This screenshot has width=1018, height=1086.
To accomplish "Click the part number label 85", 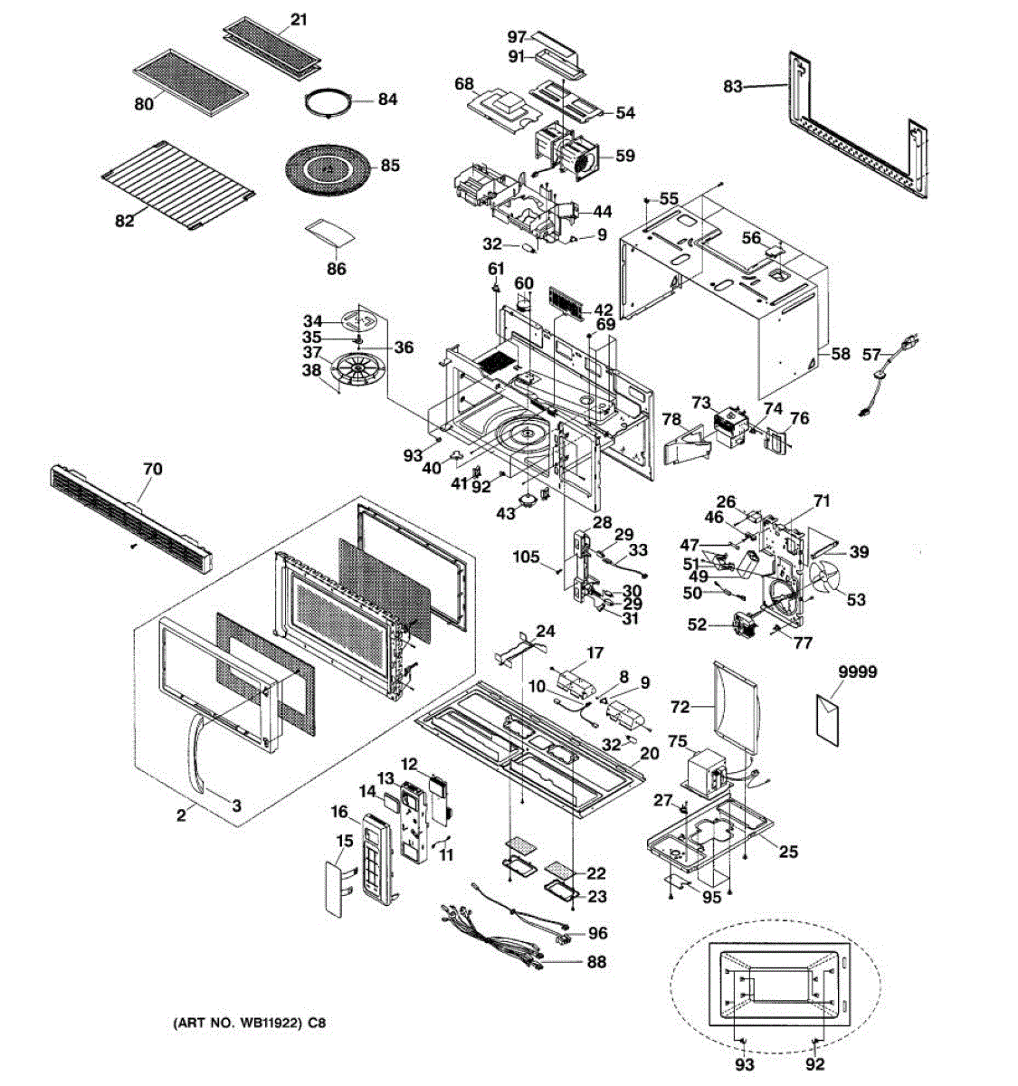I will (390, 167).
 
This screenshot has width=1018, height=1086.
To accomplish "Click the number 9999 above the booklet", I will (857, 673).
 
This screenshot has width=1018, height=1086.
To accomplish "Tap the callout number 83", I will (733, 87).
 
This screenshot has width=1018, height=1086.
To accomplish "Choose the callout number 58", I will (841, 354).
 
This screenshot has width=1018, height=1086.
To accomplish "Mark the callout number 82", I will (124, 221).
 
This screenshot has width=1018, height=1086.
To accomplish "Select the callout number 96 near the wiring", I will (597, 933).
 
